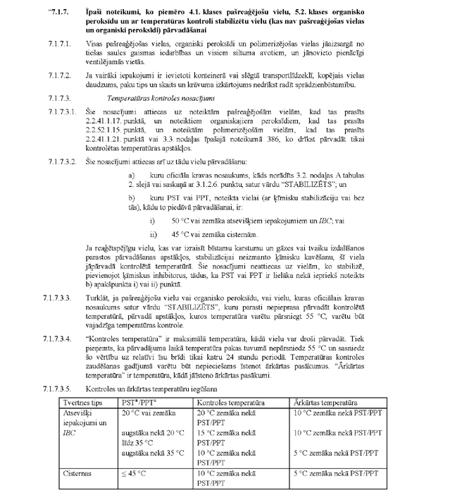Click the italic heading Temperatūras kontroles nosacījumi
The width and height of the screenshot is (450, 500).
[x=146, y=98]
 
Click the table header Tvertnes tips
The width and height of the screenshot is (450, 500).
[x=83, y=401]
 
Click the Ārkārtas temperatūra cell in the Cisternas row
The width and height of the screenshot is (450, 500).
[x=335, y=473]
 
